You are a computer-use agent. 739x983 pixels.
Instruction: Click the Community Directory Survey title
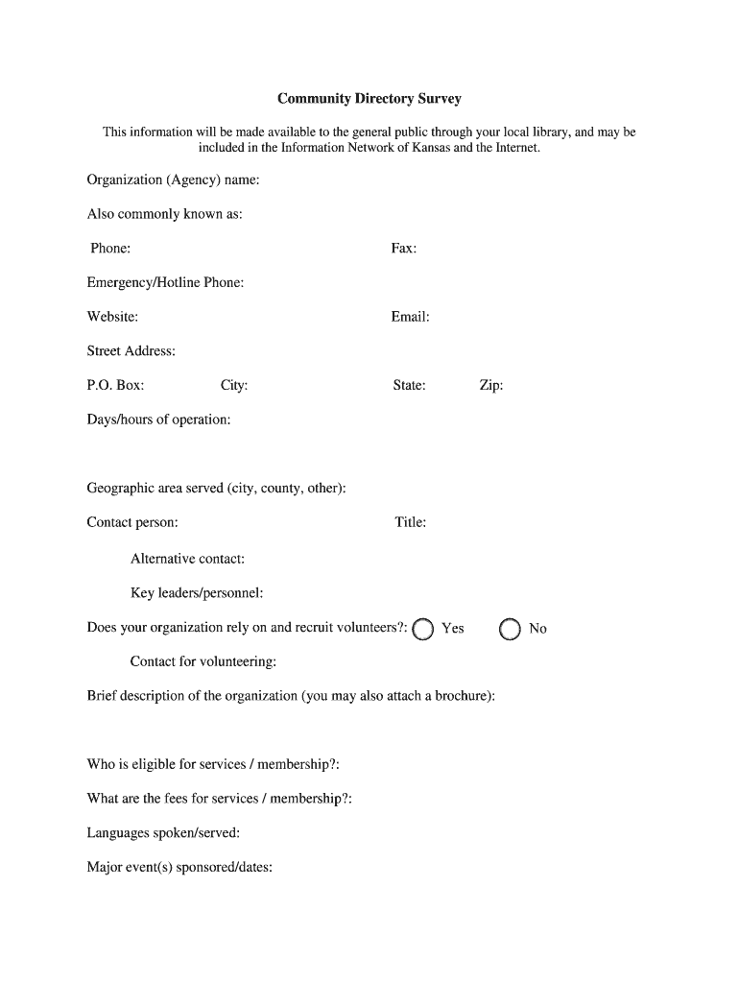pos(369,99)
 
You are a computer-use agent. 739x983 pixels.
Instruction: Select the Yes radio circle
pos(423,629)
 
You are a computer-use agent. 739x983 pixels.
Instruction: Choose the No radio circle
pos(510,629)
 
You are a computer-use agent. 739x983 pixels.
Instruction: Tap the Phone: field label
pos(110,249)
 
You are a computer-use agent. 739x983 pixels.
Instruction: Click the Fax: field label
pos(403,249)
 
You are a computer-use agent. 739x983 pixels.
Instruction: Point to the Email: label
pos(410,317)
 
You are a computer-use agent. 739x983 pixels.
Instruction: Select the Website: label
pos(112,317)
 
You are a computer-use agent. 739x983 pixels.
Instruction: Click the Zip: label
pos(490,386)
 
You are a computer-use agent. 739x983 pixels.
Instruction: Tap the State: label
pos(409,386)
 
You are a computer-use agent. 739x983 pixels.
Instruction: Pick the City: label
pos(234,386)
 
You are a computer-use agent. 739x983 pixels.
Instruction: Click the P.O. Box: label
pos(115,386)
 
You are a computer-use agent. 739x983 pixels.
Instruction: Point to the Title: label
pos(410,523)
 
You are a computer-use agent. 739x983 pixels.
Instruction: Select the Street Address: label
pos(131,351)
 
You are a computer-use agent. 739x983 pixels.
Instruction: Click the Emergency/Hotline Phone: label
pos(165,283)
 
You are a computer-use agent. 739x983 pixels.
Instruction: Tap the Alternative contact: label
pos(187,559)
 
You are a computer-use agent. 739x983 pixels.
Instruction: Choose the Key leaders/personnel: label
pos(197,593)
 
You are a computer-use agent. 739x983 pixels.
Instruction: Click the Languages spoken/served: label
pos(163,833)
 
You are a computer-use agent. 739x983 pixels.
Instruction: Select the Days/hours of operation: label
pos(158,420)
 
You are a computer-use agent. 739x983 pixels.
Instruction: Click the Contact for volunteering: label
pos(203,661)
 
